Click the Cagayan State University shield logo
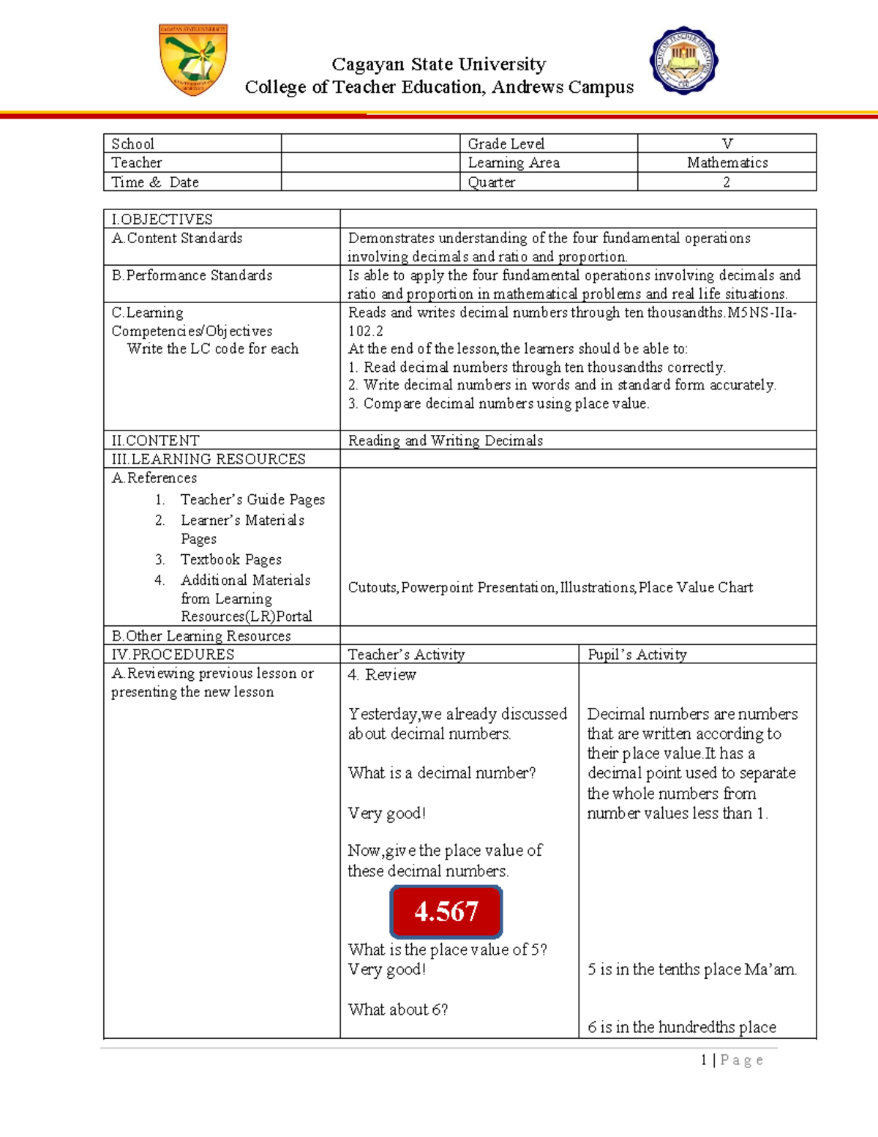(x=193, y=59)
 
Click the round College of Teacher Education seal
(x=683, y=61)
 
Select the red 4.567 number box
(x=446, y=912)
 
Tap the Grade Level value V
(x=727, y=143)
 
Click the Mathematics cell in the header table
(x=727, y=163)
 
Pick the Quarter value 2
(x=727, y=182)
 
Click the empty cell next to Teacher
(x=369, y=163)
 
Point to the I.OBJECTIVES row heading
(x=162, y=219)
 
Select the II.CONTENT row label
(x=155, y=440)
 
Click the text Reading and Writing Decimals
(x=445, y=440)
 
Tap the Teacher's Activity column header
(x=406, y=655)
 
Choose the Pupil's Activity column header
(x=637, y=655)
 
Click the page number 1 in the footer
(x=704, y=1059)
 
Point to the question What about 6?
(x=397, y=1010)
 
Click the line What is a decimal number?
(x=441, y=773)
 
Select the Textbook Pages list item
(x=230, y=559)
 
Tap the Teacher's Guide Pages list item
(x=252, y=499)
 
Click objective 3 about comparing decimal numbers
(x=498, y=403)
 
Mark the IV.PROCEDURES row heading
(x=173, y=655)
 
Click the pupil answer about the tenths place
(x=691, y=969)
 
